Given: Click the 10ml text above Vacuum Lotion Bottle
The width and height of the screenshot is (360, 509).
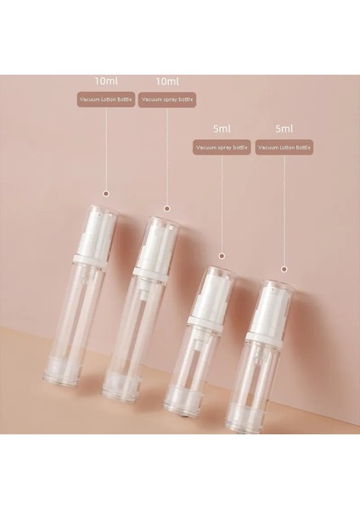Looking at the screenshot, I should click(106, 81).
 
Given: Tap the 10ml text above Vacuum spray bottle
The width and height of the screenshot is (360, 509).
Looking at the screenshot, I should click(167, 81).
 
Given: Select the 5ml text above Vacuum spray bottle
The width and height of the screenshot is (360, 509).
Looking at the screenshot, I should click(222, 130).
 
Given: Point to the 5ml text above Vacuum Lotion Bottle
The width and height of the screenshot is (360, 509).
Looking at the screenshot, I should click(284, 130).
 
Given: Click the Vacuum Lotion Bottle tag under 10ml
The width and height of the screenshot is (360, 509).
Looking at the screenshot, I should click(106, 100).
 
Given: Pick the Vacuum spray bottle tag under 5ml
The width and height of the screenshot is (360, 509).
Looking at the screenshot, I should click(222, 148).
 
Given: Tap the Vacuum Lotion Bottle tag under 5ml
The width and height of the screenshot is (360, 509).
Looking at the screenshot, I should click(284, 148).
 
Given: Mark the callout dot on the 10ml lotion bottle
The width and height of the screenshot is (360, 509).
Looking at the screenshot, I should click(106, 192).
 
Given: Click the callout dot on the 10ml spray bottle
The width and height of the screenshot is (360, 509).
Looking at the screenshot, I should click(167, 207).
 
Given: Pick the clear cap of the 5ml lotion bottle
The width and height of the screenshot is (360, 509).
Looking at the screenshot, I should click(271, 301).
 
